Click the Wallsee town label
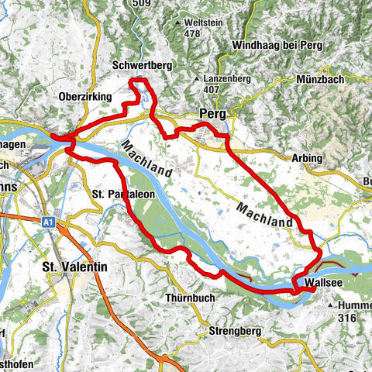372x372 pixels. (323, 283)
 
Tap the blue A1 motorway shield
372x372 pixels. (49, 222)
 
